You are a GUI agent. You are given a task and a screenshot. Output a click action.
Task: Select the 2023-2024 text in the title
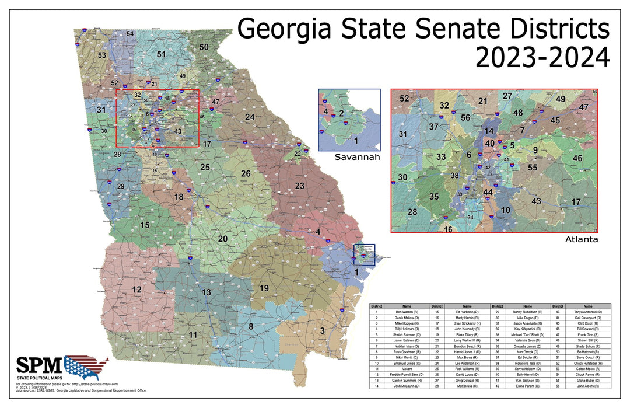[542, 58]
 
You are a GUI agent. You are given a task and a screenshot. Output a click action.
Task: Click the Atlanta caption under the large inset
[582, 239]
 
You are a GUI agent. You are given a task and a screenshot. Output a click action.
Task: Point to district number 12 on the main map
[136, 290]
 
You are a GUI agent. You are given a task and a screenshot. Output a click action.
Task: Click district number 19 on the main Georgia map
[264, 288]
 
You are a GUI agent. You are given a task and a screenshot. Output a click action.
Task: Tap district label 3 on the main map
[322, 331]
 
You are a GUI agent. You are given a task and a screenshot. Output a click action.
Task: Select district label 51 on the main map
[161, 54]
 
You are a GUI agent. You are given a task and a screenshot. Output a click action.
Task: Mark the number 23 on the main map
[299, 186]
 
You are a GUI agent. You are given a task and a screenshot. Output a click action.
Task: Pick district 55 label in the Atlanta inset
[532, 168]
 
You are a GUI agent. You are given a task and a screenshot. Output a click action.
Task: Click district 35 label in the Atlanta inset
[433, 197]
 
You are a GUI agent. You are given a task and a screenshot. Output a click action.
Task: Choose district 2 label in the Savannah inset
[341, 113]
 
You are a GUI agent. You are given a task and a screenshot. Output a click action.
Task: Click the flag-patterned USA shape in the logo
[86, 367]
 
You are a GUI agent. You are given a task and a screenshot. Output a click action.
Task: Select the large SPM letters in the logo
[38, 366]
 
